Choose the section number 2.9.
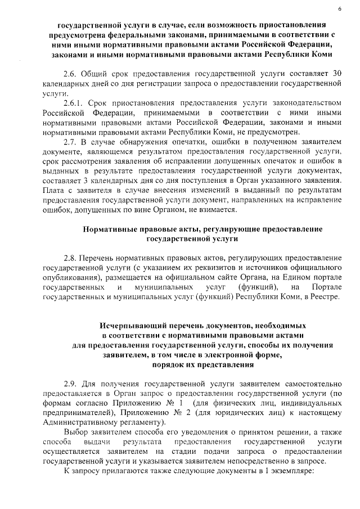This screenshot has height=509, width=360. (x=71, y=384)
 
